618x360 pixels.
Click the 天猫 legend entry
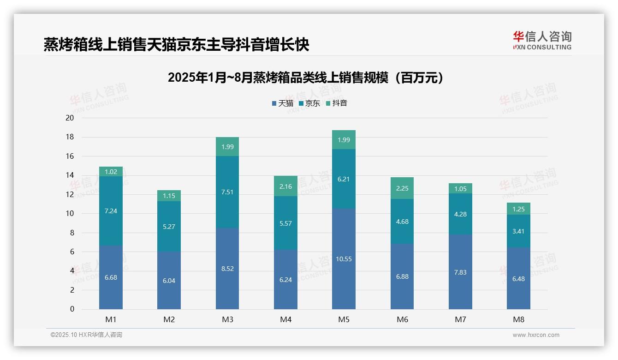pos(283,103)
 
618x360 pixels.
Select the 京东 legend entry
pos(309,103)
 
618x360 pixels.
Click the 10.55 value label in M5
pos(344,259)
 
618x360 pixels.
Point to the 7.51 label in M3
pos(227,192)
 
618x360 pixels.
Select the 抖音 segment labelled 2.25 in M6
pos(402,188)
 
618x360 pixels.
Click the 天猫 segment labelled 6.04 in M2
pos(169,281)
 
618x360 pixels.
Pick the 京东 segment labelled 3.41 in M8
pos(518,231)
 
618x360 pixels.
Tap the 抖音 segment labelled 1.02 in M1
pos(111,172)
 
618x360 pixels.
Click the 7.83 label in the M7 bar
pos(460,272)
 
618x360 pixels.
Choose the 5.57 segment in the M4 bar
pos(285,223)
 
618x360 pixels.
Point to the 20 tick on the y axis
pos(70,118)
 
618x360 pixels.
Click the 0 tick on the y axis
pos(72,309)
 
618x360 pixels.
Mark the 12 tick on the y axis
pos(70,194)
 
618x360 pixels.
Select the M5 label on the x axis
pos(344,319)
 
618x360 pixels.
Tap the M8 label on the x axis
pos(518,319)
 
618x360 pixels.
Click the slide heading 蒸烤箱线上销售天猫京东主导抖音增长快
pos(176,45)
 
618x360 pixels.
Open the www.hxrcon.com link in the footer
pos(536,335)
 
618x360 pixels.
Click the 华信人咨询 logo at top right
pos(542,40)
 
